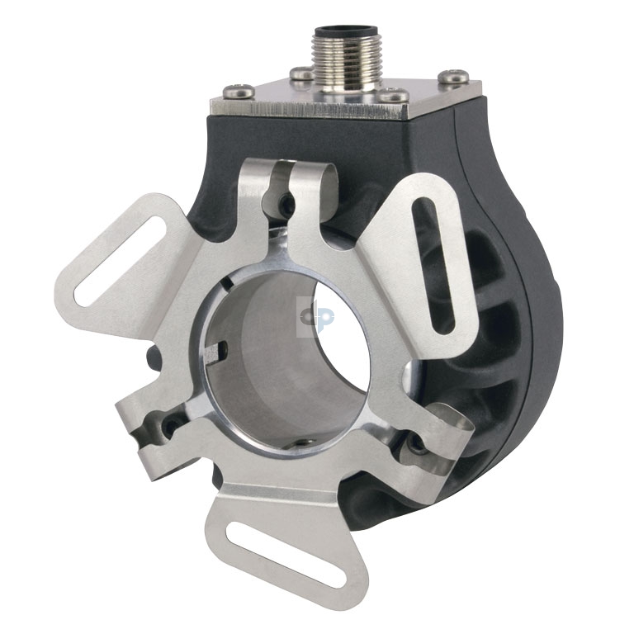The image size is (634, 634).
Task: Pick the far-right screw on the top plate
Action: click(453, 77)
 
